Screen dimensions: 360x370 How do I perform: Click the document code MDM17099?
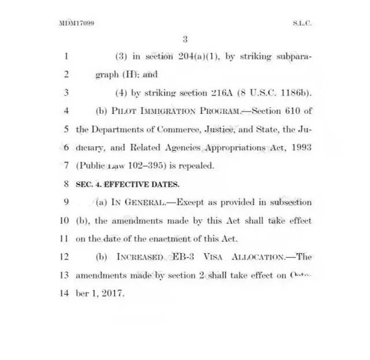point(76,23)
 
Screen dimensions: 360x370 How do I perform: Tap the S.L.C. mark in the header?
point(302,23)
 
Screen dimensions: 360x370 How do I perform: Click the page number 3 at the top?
point(185,39)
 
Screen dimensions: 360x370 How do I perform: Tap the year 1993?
point(301,147)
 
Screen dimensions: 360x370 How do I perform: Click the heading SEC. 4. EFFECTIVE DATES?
point(128,184)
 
